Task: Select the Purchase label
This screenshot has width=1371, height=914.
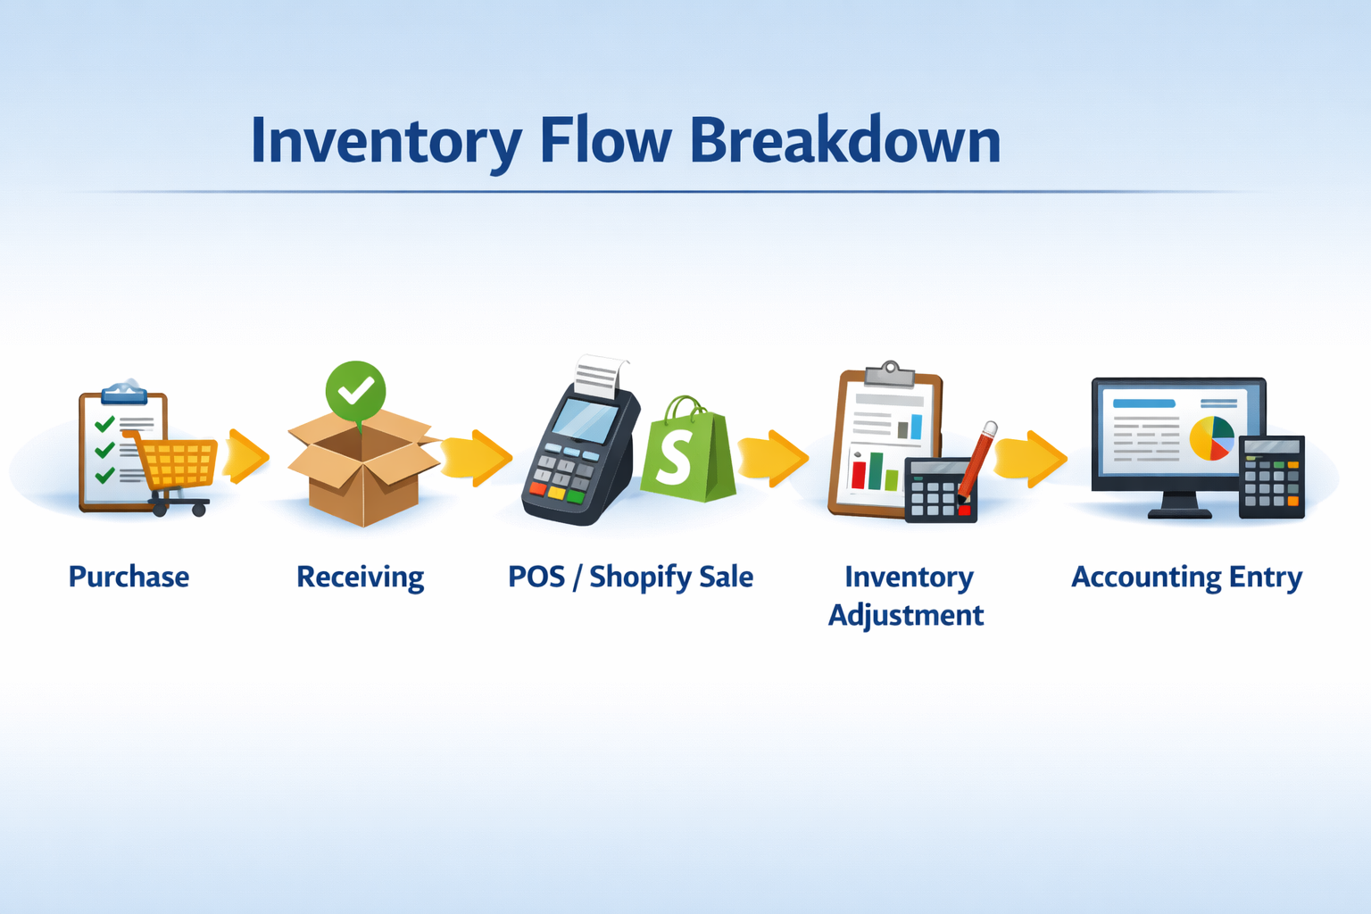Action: (x=129, y=577)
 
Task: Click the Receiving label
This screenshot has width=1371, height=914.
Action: (x=360, y=577)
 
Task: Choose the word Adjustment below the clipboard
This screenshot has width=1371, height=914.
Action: (x=906, y=615)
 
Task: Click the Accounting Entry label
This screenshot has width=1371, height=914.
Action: (x=1186, y=577)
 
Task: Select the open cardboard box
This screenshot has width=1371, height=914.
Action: (x=362, y=473)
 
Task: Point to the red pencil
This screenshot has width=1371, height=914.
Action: (x=976, y=461)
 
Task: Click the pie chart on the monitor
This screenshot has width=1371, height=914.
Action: (x=1211, y=438)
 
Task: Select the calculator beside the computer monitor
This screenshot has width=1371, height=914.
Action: (x=1272, y=477)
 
